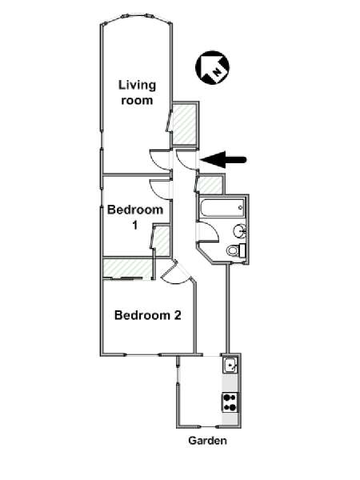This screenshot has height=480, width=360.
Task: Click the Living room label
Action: pos(137,93)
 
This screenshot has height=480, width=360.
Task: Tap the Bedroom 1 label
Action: pos(135,218)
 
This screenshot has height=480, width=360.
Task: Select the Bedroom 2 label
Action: pos(148,315)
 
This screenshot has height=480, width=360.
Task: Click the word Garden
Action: pos(207,441)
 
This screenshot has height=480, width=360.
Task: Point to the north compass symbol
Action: pos(212,67)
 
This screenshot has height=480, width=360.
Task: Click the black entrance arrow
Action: pos(223,160)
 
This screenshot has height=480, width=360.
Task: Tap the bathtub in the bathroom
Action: pos(222,208)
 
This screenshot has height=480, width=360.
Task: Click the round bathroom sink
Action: pos(240,230)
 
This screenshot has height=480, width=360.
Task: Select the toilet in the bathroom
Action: pos(236,250)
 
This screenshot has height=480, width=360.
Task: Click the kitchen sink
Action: pos(230,365)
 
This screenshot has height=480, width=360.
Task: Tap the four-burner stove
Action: pos(230,402)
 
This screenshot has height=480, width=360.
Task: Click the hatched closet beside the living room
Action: pos(184,125)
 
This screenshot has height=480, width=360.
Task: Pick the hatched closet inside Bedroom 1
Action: pos(162,241)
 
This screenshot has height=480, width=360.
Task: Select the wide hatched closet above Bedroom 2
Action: pos(127,268)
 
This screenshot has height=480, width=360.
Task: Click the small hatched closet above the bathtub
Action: pos(210,186)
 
